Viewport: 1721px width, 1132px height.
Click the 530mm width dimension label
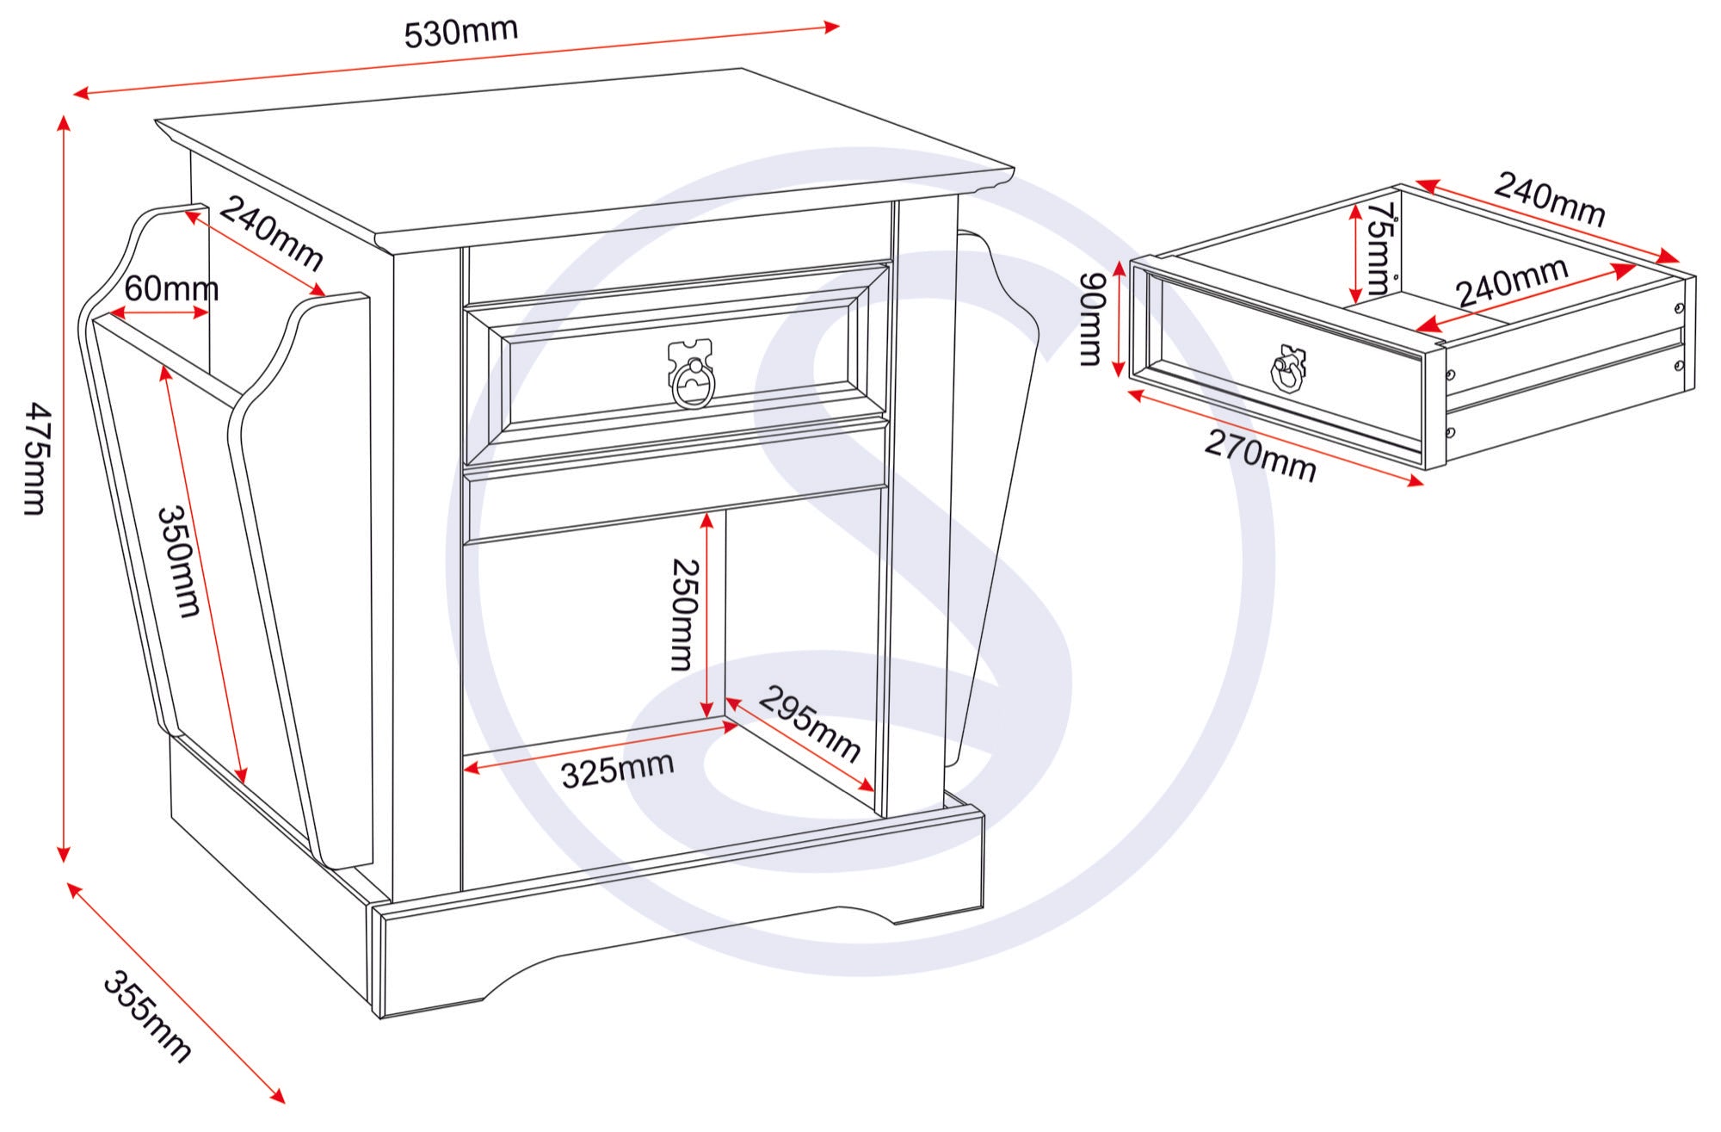tap(461, 33)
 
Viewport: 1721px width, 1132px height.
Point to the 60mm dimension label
tap(171, 289)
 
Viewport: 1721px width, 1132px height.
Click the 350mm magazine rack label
tap(179, 561)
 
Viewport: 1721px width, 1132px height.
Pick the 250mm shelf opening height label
tap(684, 615)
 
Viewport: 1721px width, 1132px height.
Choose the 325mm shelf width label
tap(617, 770)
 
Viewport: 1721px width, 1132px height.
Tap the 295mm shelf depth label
tap(809, 723)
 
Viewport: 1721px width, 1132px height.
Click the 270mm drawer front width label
tap(1260, 456)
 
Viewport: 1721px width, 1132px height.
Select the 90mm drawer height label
tap(1091, 319)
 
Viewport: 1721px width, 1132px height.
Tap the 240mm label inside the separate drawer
tap(1512, 281)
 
